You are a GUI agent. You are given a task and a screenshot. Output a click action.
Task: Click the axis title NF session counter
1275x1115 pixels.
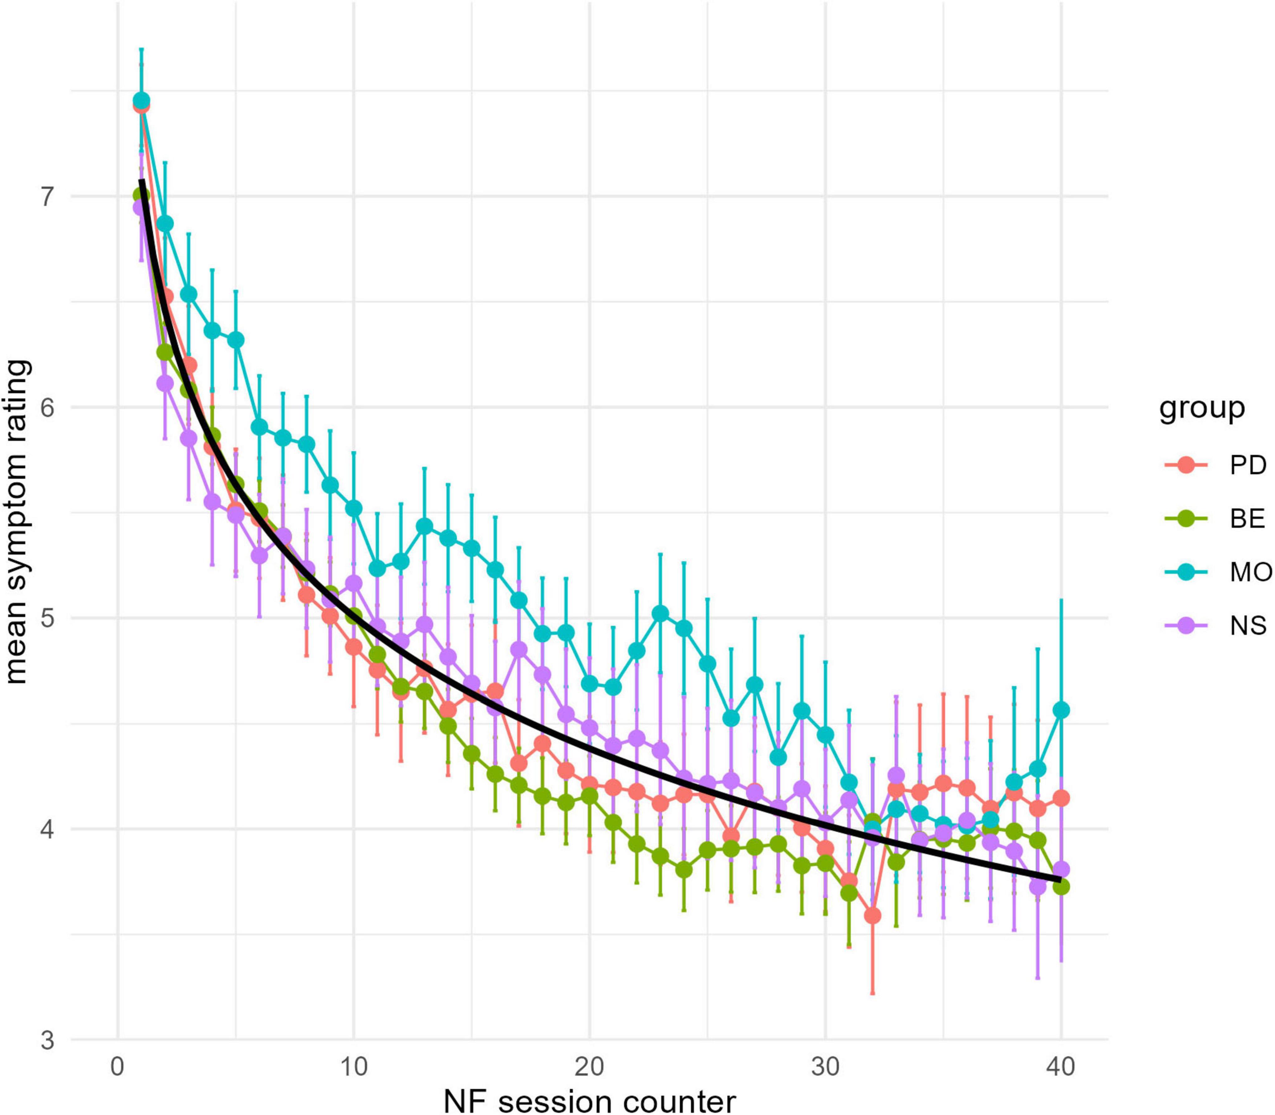click(589, 1100)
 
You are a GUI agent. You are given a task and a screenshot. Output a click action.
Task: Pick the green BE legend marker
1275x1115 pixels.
click(1186, 518)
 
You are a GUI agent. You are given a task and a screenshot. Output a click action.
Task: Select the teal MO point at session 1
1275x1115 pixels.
click(141, 101)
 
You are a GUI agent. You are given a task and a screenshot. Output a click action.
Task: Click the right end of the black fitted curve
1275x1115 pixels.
click(1060, 879)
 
